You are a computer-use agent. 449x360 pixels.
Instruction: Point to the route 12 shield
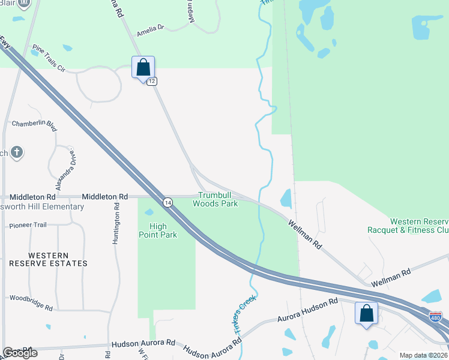(x=152, y=81)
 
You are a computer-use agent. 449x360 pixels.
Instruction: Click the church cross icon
(x=16, y=152)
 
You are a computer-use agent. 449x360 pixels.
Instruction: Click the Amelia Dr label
(x=150, y=28)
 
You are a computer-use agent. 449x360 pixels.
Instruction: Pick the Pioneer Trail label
(x=28, y=226)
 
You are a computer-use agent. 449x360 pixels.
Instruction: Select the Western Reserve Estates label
(x=49, y=259)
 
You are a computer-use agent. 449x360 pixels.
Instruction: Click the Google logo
(x=20, y=353)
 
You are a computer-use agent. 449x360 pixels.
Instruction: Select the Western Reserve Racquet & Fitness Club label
(x=408, y=226)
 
